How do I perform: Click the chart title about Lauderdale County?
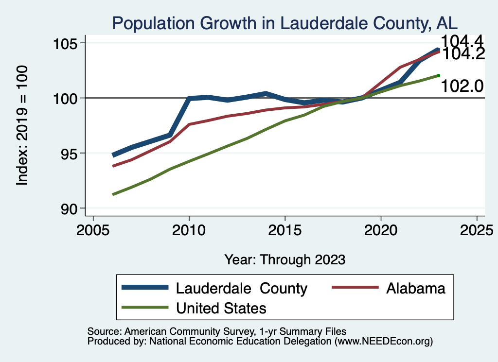tap(285, 23)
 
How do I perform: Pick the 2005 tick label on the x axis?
tap(93, 231)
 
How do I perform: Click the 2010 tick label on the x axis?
tap(189, 231)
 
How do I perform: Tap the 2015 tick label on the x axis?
tap(285, 231)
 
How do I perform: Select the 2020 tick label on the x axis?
tap(380, 231)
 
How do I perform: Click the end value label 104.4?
tap(462, 42)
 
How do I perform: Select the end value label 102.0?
tap(462, 86)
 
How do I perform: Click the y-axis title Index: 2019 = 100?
tap(22, 125)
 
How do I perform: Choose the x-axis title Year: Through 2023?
tap(285, 259)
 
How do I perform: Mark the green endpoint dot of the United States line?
tap(438, 75)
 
